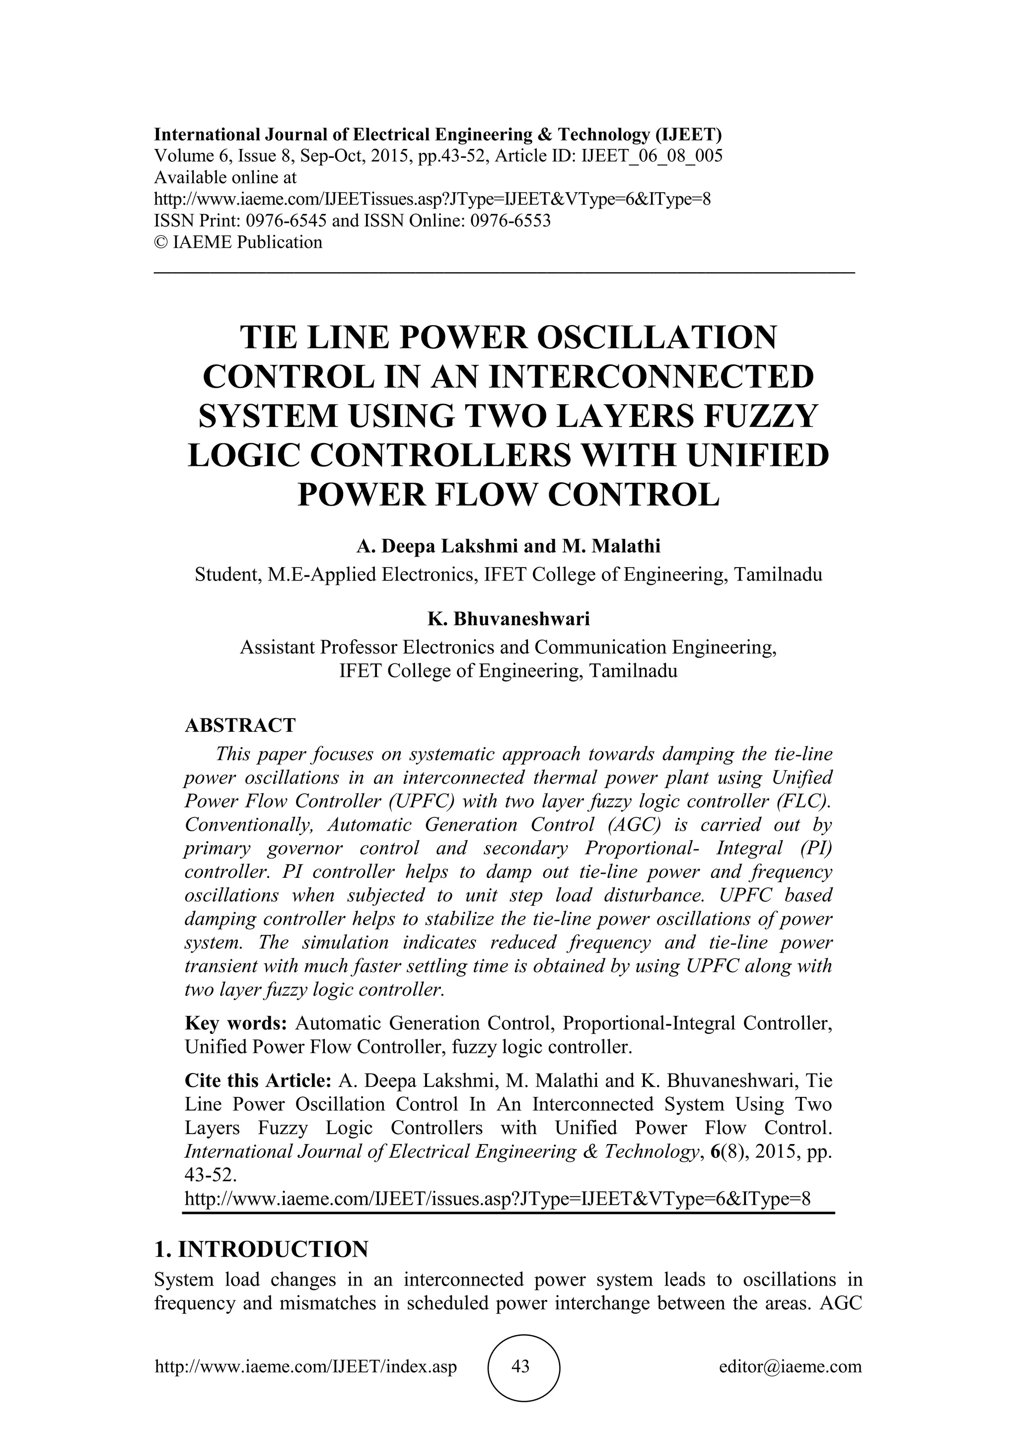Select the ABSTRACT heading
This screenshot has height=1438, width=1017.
[240, 725]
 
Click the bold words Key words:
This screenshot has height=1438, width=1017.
[236, 1023]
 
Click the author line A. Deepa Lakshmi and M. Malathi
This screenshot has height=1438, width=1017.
[508, 547]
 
